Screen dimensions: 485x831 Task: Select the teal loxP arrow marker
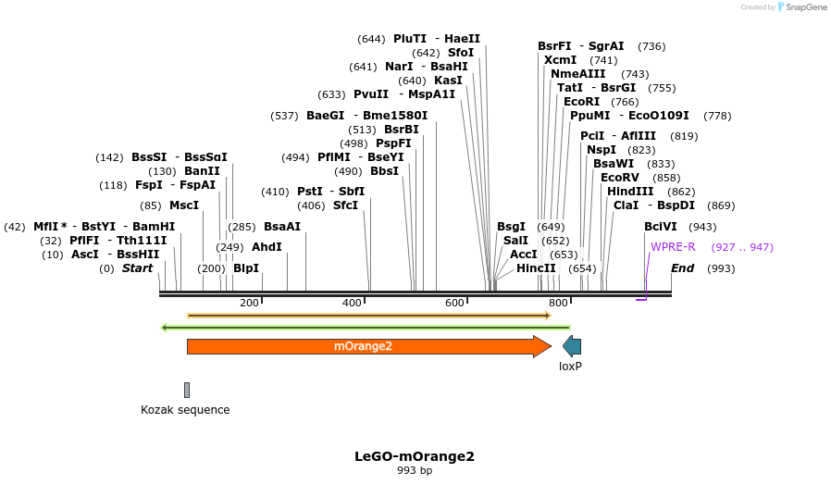(572, 346)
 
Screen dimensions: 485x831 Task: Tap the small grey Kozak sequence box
(187, 390)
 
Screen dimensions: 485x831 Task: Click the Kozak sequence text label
(185, 410)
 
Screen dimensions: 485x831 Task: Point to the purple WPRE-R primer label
(673, 247)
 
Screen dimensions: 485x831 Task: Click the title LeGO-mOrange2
(415, 456)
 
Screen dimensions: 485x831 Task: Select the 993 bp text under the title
(415, 471)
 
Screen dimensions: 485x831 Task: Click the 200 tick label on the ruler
(249, 304)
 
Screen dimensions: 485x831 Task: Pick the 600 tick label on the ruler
(455, 304)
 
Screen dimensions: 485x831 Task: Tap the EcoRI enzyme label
(581, 102)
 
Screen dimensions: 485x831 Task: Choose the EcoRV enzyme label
(620, 177)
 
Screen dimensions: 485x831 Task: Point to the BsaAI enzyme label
(282, 227)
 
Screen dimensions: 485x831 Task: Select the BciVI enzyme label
(661, 227)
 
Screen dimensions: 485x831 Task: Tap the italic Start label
(137, 268)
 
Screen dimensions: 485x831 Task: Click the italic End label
(682, 268)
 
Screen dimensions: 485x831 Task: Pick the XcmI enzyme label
(560, 60)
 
